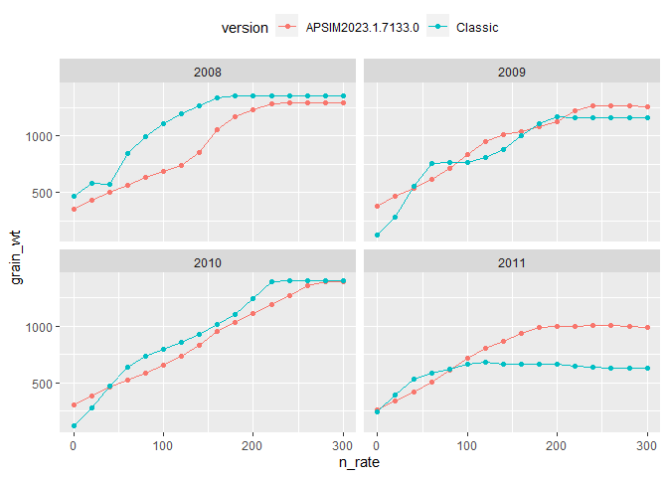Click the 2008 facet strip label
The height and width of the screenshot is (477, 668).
tap(208, 72)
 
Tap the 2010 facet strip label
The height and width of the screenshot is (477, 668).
tap(208, 262)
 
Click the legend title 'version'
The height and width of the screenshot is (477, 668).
tap(245, 28)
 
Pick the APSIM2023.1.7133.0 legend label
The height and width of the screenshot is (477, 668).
tap(355, 28)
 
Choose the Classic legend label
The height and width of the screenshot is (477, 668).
tap(476, 28)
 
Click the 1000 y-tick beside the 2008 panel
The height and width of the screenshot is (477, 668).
tap(37, 136)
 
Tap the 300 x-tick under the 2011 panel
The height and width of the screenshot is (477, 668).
tap(647, 444)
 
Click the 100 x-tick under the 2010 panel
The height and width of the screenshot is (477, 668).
tap(163, 444)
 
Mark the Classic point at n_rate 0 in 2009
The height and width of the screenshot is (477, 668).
tap(377, 236)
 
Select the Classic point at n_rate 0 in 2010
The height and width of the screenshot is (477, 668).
tap(74, 426)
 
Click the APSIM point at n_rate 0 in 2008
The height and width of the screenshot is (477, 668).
tap(74, 209)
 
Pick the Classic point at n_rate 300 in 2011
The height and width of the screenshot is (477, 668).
tap(647, 369)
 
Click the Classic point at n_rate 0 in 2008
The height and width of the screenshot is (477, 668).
tap(74, 197)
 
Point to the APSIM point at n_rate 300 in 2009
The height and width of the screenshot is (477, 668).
tap(647, 107)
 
